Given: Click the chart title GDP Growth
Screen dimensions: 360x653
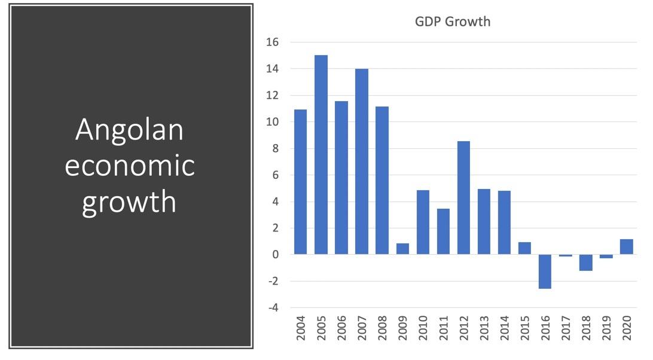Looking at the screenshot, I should (x=452, y=22).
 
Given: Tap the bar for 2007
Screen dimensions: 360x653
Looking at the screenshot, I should (x=362, y=161).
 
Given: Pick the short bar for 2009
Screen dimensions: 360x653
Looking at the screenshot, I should (x=402, y=249).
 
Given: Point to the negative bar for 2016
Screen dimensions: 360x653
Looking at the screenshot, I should (x=545, y=271).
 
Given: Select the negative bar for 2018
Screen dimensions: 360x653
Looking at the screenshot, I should (x=585, y=263).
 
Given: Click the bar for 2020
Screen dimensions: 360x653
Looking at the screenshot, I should (x=626, y=247).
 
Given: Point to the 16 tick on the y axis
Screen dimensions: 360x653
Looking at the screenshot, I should (x=273, y=42).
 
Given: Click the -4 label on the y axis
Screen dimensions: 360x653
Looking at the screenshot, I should (x=273, y=308).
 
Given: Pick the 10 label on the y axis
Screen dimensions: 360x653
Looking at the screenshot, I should (x=273, y=122).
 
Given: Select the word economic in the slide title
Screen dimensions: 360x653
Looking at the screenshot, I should (x=129, y=166).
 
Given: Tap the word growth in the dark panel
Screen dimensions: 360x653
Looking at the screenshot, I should (x=129, y=202).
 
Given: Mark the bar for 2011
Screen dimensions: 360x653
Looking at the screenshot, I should (x=443, y=231).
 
